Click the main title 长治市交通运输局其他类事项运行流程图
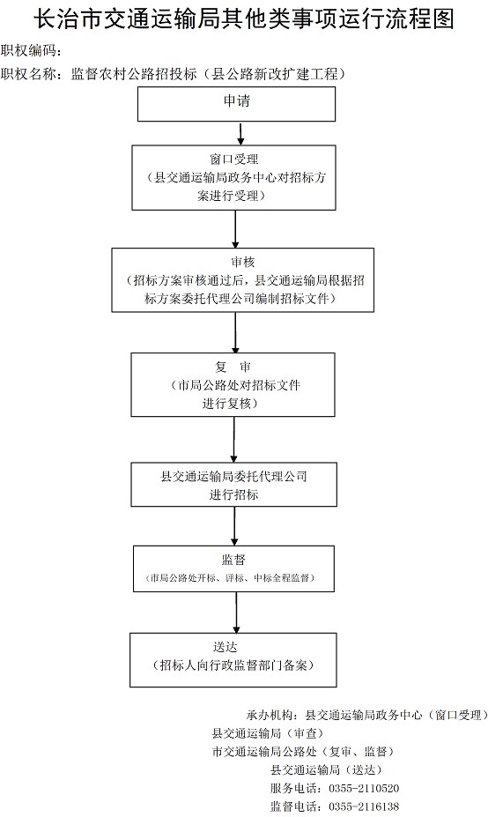pyautogui.click(x=244, y=19)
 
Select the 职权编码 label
pyautogui.click(x=26, y=50)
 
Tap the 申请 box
pyautogui.click(x=236, y=104)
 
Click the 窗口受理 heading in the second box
pyautogui.click(x=233, y=160)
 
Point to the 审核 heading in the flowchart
pyautogui.click(x=243, y=262)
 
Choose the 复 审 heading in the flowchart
pyautogui.click(x=233, y=367)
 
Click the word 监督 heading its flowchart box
pyautogui.click(x=233, y=561)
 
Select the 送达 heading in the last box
pyautogui.click(x=226, y=647)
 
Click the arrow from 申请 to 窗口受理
pyautogui.click(x=240, y=133)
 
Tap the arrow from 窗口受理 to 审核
pyautogui.click(x=235, y=229)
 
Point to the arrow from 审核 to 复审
pyautogui.click(x=235, y=332)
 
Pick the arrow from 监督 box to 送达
pyautogui.click(x=236, y=613)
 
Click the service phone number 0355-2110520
pyautogui.click(x=364, y=788)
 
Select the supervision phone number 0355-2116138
pyautogui.click(x=364, y=806)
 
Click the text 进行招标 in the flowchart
pyautogui.click(x=233, y=494)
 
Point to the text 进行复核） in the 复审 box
pyautogui.click(x=230, y=404)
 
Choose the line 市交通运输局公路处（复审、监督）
pyautogui.click(x=303, y=752)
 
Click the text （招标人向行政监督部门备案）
pyautogui.click(x=233, y=665)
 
